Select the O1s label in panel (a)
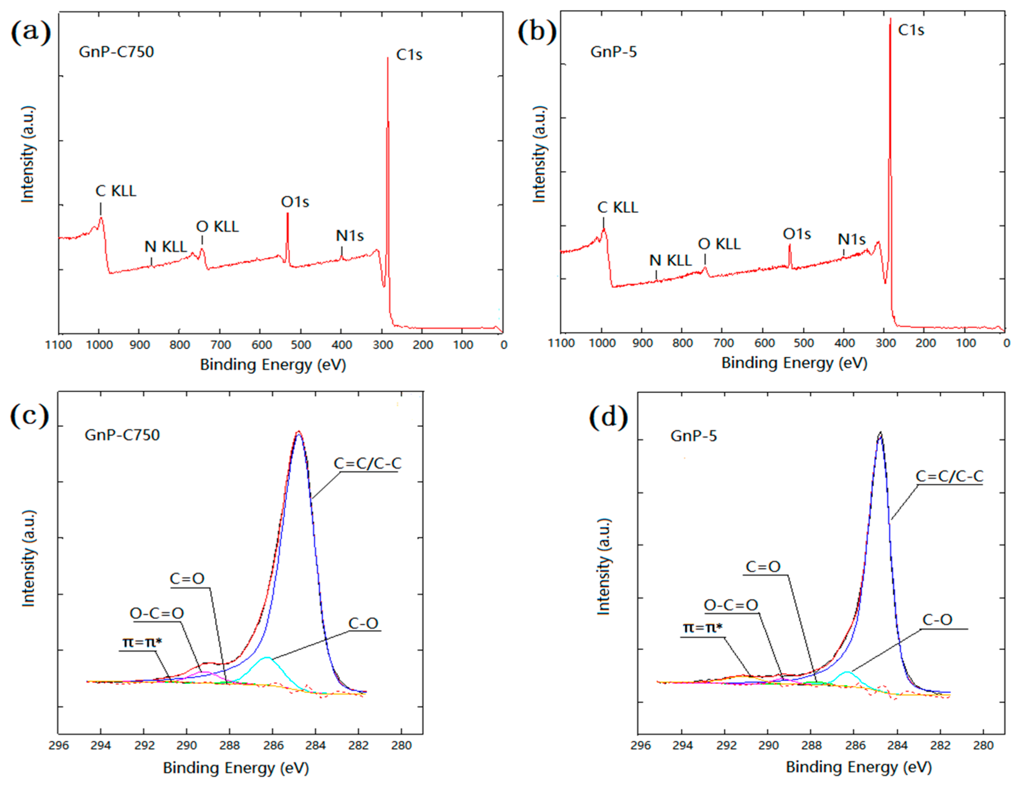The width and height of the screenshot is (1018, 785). point(295,202)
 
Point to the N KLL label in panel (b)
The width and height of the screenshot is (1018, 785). point(670,260)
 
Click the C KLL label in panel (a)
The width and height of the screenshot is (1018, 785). point(116,191)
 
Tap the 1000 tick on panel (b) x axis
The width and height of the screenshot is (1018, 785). point(602,343)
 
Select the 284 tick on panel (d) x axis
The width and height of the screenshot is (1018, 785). point(897,745)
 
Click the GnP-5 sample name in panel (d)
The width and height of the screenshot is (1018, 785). point(693,436)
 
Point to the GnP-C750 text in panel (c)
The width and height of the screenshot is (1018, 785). point(122,435)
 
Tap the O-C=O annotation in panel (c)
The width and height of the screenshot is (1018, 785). point(156,613)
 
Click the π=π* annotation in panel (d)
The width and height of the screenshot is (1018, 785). point(702,628)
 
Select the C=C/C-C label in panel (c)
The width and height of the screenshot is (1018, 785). point(367,463)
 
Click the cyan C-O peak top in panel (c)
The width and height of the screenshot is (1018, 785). point(267,658)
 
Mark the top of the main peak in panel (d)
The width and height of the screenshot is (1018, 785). point(880,433)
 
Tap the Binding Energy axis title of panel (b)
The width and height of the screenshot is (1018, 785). point(794,363)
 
